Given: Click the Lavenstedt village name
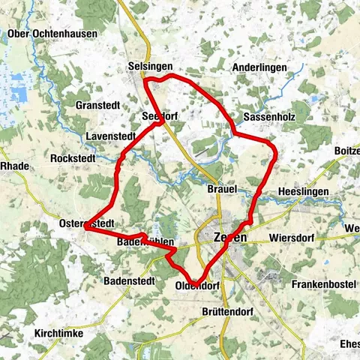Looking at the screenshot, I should pos(111,136).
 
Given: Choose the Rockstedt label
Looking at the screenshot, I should pos(73,158).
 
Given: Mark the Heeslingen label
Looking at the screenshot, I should pos(303,192).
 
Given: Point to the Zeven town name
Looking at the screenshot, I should pos(229,236).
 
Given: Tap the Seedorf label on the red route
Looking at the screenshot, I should pos(159,117).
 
